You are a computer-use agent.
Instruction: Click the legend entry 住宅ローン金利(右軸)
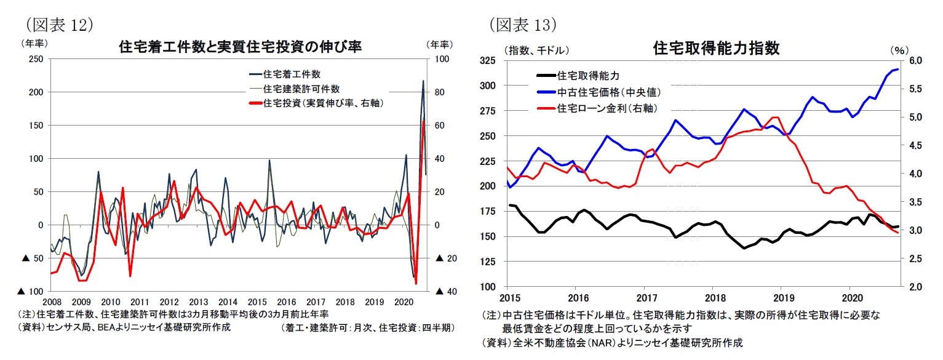pos(605,108)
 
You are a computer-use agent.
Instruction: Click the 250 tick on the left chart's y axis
pos(36,59)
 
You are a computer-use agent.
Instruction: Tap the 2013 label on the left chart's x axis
pos(198,302)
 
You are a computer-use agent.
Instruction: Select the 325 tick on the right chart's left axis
pos(489,60)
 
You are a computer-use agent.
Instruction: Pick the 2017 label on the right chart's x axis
pos(644,297)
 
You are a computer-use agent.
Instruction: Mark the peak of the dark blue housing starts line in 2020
pos(423,81)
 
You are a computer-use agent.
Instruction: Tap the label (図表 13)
pos(523,24)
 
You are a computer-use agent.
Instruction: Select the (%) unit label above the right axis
pos(897,49)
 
